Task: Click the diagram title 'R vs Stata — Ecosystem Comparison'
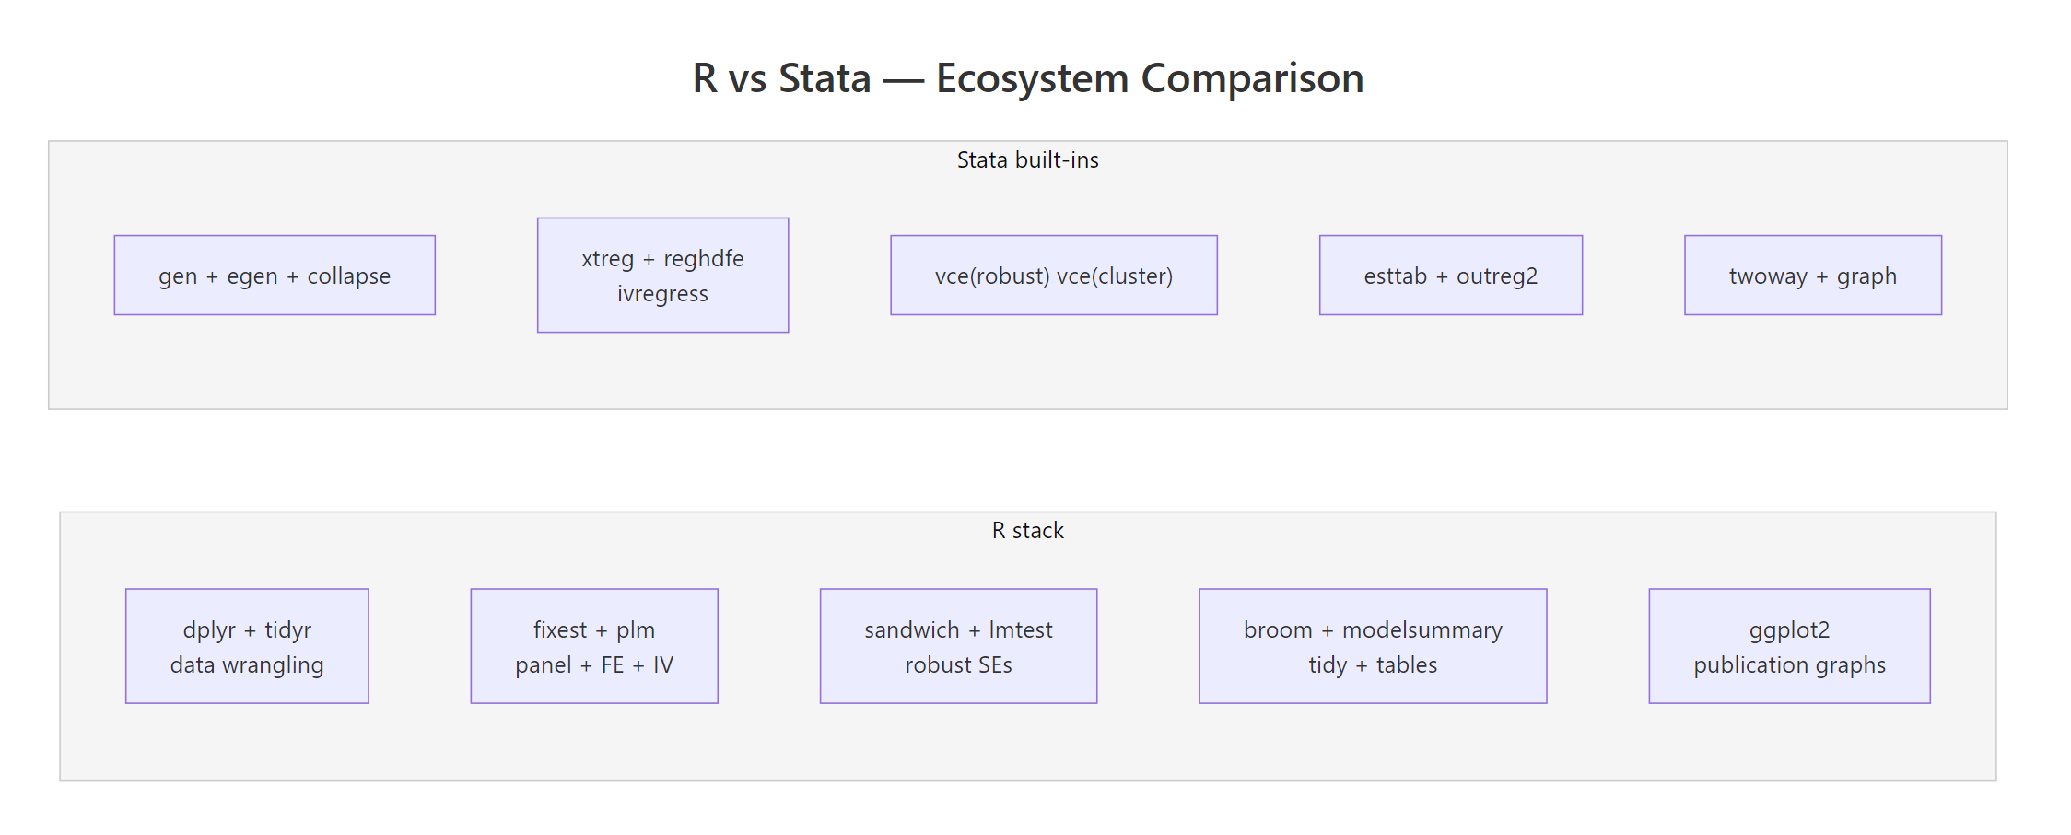pyautogui.click(x=1028, y=78)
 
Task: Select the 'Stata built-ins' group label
pyautogui.click(x=1027, y=160)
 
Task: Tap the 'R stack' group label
pyautogui.click(x=1027, y=531)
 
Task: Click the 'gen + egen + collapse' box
pyautogui.click(x=275, y=276)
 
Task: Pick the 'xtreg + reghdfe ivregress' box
pyautogui.click(x=662, y=275)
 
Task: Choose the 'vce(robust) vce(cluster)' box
pyautogui.click(x=1053, y=276)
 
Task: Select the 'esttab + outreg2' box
pyautogui.click(x=1450, y=276)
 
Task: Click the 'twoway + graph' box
pyautogui.click(x=1812, y=276)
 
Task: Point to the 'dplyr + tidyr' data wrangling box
pyautogui.click(x=247, y=646)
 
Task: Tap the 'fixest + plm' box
pyautogui.click(x=593, y=646)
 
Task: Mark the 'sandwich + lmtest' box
pyautogui.click(x=958, y=646)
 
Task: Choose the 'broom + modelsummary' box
pyautogui.click(x=1373, y=646)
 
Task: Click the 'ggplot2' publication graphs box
pyautogui.click(x=1789, y=646)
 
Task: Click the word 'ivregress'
pyautogui.click(x=662, y=294)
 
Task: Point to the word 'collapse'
pyautogui.click(x=348, y=276)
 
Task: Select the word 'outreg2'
pyautogui.click(x=1497, y=276)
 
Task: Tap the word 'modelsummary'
pyautogui.click(x=1422, y=630)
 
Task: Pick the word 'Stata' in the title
pyautogui.click(x=825, y=78)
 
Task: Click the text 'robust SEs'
pyautogui.click(x=958, y=665)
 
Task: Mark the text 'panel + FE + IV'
pyautogui.click(x=593, y=665)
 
